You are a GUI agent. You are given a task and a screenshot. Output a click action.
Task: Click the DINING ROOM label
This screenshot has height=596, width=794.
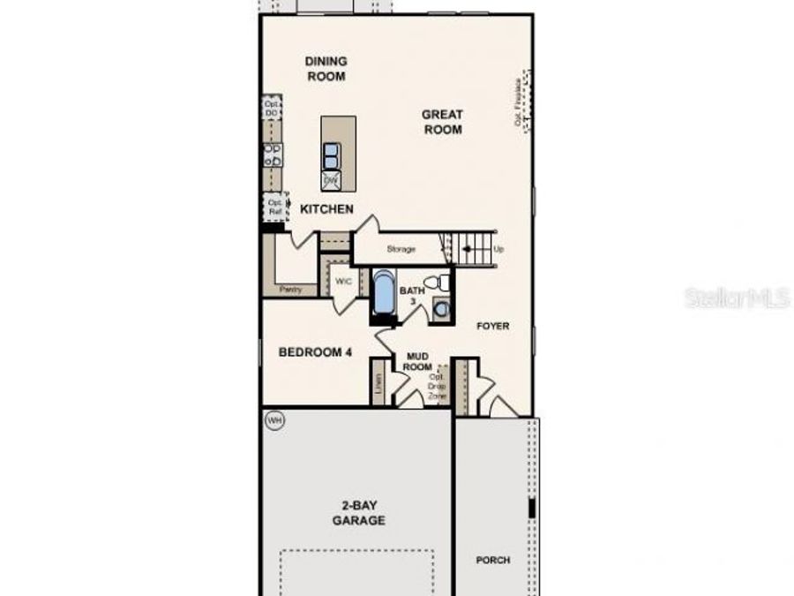click(326, 69)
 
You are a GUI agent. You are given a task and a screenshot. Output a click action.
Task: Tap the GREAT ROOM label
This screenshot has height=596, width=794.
click(442, 122)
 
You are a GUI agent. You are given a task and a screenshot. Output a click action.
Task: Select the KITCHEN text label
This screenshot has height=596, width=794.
click(326, 209)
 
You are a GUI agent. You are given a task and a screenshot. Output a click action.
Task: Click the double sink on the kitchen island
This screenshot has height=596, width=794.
click(331, 156)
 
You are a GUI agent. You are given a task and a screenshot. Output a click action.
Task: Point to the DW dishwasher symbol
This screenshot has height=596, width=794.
click(331, 180)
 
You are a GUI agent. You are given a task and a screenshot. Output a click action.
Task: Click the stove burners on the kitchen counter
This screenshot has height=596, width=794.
click(273, 155)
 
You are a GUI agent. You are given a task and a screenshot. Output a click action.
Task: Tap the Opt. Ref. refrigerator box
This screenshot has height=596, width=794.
click(274, 207)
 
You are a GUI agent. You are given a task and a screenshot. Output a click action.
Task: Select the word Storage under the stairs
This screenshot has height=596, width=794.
click(401, 249)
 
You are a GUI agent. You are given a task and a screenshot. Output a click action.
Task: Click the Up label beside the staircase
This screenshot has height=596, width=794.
click(499, 249)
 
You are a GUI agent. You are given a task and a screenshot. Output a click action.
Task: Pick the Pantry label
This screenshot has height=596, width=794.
click(290, 289)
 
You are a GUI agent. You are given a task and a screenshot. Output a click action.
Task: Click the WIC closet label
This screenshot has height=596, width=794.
click(343, 281)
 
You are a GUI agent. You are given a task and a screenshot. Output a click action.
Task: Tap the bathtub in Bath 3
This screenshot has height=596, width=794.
click(384, 294)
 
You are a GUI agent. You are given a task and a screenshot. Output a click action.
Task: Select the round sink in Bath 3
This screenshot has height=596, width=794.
click(441, 309)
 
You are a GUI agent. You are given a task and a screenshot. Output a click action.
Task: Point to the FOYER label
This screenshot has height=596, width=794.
click(493, 326)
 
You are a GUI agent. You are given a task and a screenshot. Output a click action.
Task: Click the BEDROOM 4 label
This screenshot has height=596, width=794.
click(315, 351)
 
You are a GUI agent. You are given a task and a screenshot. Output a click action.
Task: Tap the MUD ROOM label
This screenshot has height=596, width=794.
click(417, 361)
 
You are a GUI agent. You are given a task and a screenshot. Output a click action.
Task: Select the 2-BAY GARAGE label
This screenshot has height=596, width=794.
click(358, 513)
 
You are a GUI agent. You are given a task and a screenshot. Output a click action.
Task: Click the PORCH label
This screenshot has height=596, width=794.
click(492, 560)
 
